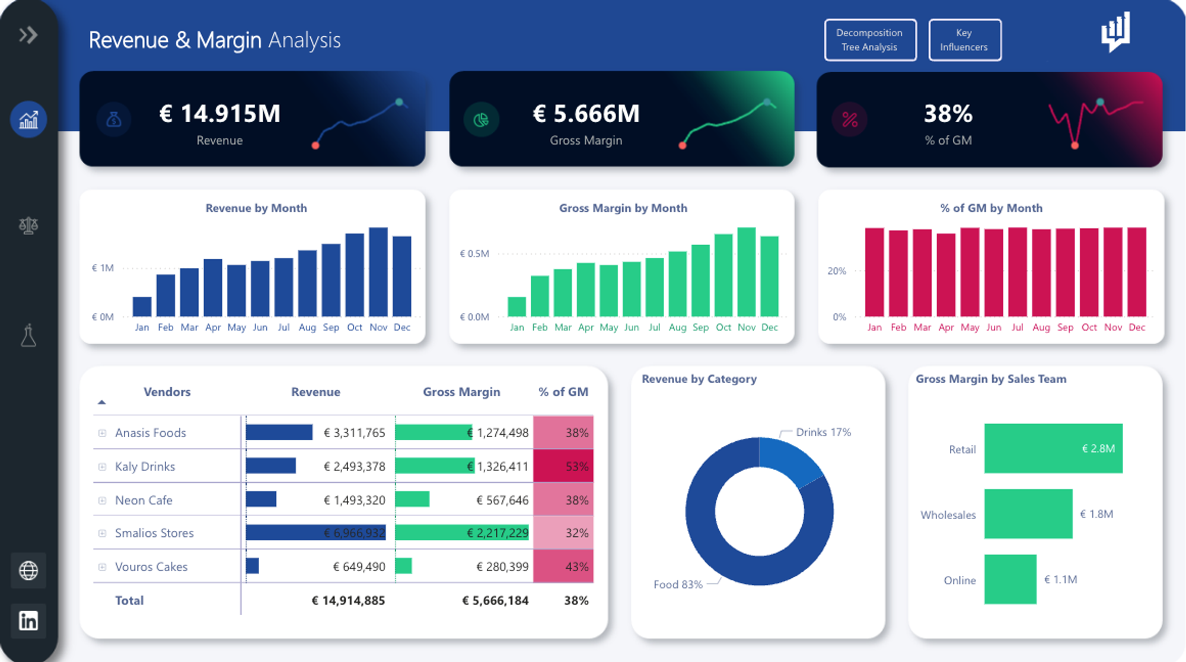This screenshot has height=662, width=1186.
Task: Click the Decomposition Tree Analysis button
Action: coord(869,40)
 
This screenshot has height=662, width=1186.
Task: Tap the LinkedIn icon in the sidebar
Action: coord(28,620)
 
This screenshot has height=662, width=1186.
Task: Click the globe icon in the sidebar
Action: coord(28,571)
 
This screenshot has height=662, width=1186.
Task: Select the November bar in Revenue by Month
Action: coord(378,273)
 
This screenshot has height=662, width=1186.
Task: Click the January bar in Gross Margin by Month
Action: coord(517,307)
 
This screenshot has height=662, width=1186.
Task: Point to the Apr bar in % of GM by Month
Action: coord(946,276)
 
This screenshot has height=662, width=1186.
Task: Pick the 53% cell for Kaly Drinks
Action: coord(563,466)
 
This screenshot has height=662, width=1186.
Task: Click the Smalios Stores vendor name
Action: coord(154,533)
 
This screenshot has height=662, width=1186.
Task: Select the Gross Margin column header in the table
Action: coord(461,392)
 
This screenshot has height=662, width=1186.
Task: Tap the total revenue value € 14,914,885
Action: coord(348,600)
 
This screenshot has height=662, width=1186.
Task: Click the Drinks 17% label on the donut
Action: coord(823,432)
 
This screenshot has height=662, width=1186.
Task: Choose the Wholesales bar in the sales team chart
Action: coord(1028,514)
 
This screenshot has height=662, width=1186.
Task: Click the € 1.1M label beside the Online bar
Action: coord(1060,580)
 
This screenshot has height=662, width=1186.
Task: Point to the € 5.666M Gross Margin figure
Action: coord(586,114)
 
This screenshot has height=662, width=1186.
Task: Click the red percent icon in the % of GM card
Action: coord(850,120)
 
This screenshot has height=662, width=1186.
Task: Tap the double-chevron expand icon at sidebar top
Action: coord(28,35)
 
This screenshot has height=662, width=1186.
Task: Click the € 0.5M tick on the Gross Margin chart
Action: coord(474,254)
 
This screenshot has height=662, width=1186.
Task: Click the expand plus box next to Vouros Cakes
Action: coord(102,567)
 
